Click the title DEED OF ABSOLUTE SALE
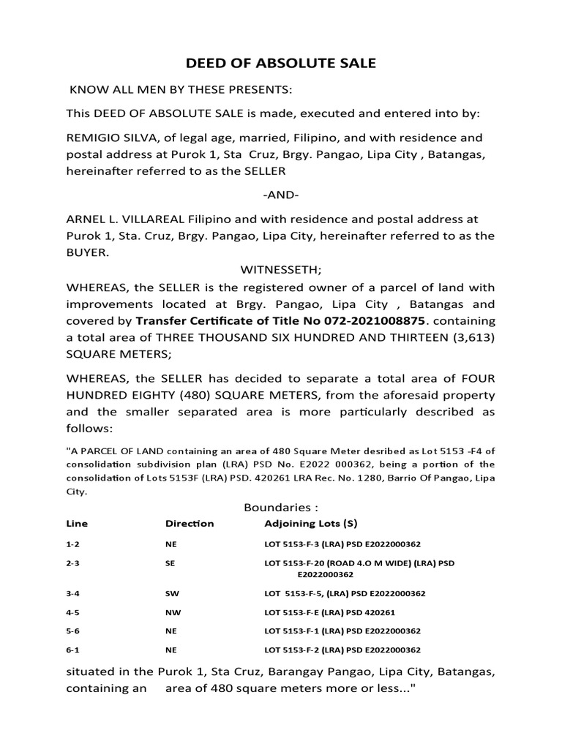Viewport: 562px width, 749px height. [x=281, y=64]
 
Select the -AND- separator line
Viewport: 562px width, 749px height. [x=280, y=196]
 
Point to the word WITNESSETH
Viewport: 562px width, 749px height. [x=280, y=270]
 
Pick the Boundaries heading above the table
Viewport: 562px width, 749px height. [x=281, y=508]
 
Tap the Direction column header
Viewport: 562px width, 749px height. [x=190, y=524]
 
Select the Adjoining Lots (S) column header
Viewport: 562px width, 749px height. [x=310, y=524]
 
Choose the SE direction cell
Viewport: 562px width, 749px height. [x=171, y=564]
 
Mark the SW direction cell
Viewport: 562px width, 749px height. [x=172, y=593]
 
